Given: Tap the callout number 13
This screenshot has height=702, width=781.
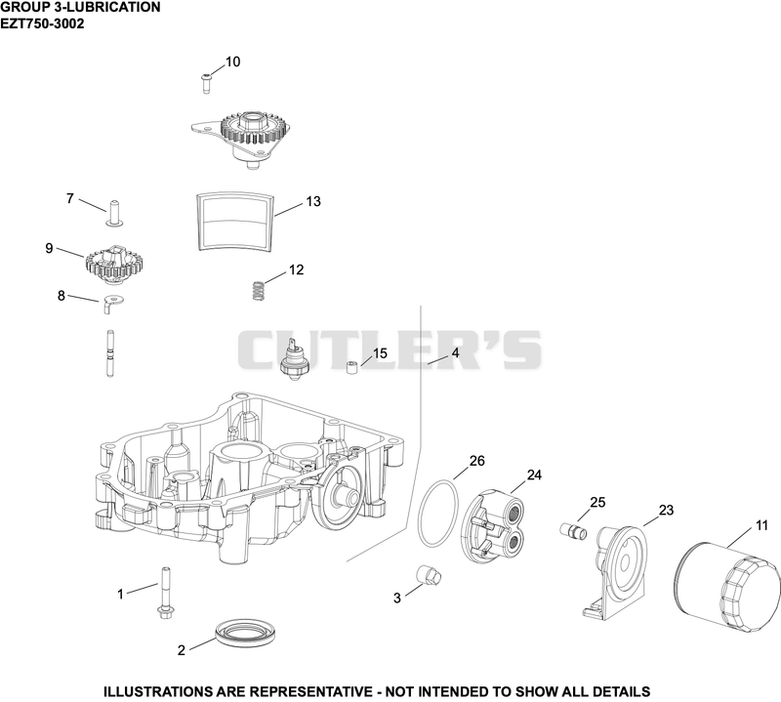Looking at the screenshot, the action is coord(313,202).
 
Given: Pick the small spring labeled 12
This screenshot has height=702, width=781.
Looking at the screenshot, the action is coord(257,291).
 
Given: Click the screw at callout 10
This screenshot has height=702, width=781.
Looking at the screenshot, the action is coord(206,83).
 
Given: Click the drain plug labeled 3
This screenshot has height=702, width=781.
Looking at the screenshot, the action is coord(430,576).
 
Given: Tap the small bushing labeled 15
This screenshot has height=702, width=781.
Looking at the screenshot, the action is coord(352,369).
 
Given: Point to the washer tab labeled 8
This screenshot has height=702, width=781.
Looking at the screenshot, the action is coord(113,303).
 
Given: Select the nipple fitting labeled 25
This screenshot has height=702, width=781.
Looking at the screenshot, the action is coord(573,530).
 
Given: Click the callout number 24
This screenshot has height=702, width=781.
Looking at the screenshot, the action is coord(534,475).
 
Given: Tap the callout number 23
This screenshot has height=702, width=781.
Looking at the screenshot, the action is coord(666,511).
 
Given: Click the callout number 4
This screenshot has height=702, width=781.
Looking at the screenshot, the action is coord(455,352).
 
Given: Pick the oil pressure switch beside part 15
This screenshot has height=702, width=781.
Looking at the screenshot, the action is coord(295,359).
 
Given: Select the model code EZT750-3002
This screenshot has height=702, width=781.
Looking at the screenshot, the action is coord(42,23).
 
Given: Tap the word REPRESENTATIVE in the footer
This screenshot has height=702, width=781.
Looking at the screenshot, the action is coord(310,691).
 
